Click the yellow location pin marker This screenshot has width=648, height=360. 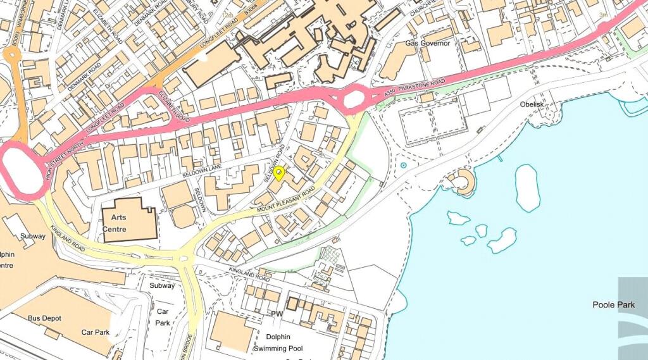tap(278, 173)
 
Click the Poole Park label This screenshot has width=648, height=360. tap(613, 305)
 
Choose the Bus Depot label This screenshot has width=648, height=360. tap(45, 318)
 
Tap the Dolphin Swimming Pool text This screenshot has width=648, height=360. tap(278, 343)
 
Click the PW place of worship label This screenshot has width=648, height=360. tap(277, 314)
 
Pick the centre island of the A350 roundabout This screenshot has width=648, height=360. tap(354, 99)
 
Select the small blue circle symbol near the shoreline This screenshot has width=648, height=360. tap(403, 166)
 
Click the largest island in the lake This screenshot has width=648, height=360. tap(528, 187)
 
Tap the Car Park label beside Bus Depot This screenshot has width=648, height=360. tap(96, 332)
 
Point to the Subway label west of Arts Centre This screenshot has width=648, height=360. tap(32, 236)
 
